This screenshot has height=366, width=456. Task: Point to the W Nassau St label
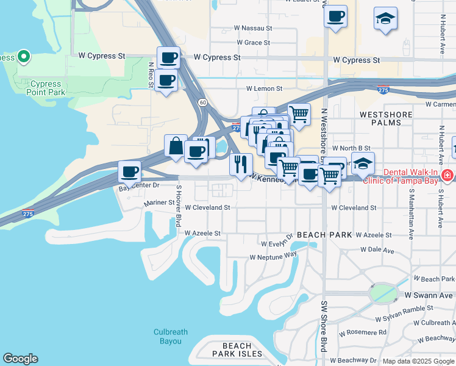coord(251,28)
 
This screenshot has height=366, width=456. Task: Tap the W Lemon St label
coord(265,88)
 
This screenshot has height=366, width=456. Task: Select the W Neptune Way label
coord(273,256)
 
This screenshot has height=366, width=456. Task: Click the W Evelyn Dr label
coord(277,243)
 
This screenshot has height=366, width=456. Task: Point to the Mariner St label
coord(159,203)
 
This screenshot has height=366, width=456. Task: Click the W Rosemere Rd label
coord(363,332)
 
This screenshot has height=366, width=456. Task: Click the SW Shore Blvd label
coord(324,329)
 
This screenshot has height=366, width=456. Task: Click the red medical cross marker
coord(447,176)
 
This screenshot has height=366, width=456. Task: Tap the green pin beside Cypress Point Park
coord(24,57)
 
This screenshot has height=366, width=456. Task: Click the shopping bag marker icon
coord(176,146)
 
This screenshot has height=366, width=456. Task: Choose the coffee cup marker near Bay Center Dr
coord(129,171)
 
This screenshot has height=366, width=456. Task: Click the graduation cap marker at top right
coord(385,19)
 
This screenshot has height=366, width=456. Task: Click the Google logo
coord(20,359)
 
